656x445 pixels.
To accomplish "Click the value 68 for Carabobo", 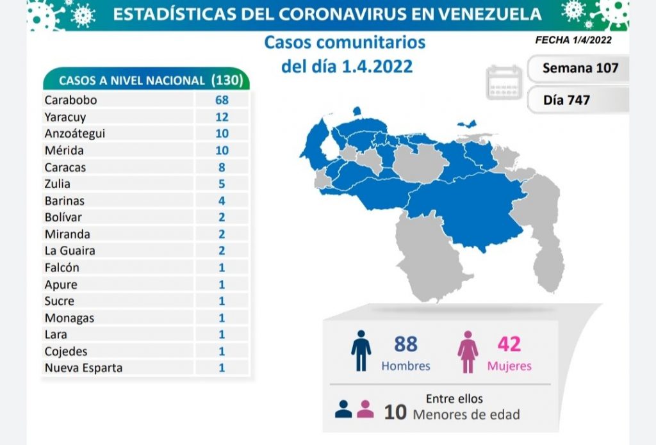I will (x=222, y=100).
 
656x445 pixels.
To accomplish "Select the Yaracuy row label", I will (x=65, y=117).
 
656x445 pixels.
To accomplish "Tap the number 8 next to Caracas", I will (x=222, y=167).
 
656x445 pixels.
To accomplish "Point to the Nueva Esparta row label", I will (x=83, y=368).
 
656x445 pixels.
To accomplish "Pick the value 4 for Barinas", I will (x=222, y=200).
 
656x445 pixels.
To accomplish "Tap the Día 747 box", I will (x=566, y=100).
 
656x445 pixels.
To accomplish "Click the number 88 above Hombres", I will (x=406, y=344).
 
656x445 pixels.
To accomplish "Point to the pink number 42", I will (x=509, y=344).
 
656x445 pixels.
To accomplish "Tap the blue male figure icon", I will (x=361, y=351).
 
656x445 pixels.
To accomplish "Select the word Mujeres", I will (x=509, y=366).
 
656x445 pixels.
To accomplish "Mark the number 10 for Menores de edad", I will (x=395, y=412).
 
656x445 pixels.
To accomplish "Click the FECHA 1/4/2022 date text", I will (x=573, y=40).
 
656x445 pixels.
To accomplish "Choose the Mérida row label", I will (x=64, y=150).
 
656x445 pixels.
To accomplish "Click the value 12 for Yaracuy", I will (x=222, y=117).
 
